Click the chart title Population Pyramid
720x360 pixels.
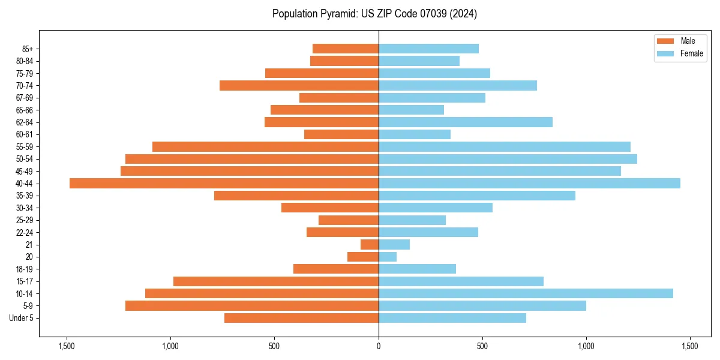[x=374, y=14]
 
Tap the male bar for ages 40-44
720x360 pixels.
[x=224, y=184]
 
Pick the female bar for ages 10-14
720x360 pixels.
[x=526, y=293]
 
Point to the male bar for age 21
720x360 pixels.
[x=370, y=245]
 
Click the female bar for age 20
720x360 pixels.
[x=388, y=257]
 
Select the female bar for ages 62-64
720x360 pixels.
[x=466, y=122]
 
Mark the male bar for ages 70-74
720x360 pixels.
[x=299, y=86]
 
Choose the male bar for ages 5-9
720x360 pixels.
[x=252, y=306]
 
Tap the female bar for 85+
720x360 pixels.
[x=428, y=49]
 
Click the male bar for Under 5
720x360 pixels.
[x=301, y=318]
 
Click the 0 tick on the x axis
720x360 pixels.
[x=379, y=346]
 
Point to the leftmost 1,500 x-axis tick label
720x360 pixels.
[x=67, y=346]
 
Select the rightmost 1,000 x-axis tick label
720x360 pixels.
[x=586, y=346]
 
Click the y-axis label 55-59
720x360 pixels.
[x=25, y=147]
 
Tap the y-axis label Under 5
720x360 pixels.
[x=21, y=318]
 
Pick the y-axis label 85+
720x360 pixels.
[x=27, y=49]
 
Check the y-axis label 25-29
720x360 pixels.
[x=25, y=220]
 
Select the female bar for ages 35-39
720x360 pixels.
[x=477, y=196]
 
